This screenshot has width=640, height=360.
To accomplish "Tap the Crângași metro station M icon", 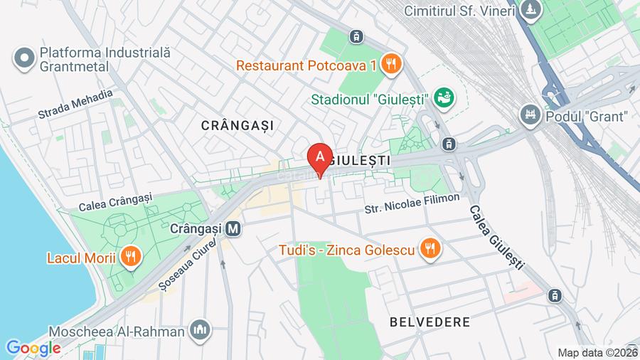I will tap(233, 230).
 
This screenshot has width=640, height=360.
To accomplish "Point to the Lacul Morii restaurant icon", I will tap(129, 256).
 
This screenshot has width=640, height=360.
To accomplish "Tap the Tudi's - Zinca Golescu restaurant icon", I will tap(430, 249).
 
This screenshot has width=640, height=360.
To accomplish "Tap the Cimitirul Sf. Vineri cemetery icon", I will tap(530, 11).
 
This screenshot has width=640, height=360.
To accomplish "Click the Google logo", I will tap(33, 348).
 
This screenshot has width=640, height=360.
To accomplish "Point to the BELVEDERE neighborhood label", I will tap(430, 322).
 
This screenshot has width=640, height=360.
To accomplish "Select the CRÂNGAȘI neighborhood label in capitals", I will tap(237, 125).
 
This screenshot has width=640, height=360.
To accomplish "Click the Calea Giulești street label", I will tap(495, 238).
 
